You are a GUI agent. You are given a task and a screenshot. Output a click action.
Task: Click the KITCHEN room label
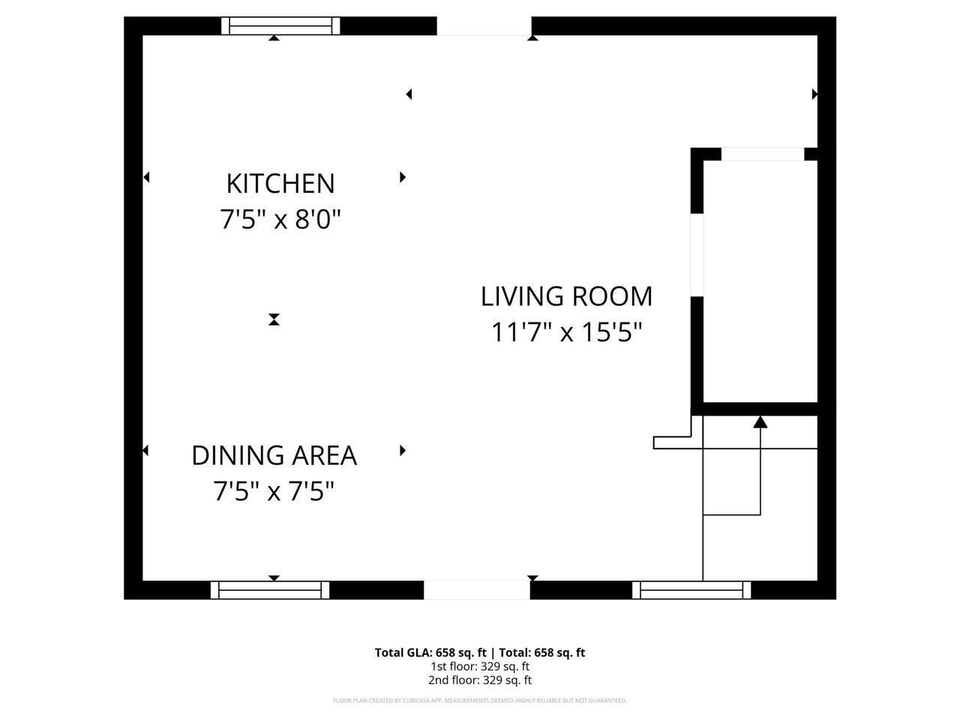tap(280, 184)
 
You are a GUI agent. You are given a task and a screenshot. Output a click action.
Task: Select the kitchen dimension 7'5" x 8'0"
tap(280, 220)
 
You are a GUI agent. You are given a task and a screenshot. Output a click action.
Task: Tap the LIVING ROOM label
tap(566, 296)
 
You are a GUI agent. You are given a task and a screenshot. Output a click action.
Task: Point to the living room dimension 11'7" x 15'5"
tap(566, 331)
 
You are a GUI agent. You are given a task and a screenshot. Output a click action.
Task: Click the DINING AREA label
tap(274, 455)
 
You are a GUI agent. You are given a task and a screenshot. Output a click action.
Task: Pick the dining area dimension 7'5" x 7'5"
tap(274, 492)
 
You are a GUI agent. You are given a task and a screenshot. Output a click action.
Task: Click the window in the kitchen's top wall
tap(280, 26)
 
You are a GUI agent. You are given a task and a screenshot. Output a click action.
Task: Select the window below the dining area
tap(270, 590)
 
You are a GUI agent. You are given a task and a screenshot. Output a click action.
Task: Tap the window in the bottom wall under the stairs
tap(691, 590)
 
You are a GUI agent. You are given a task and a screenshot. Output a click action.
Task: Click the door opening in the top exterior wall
tap(484, 26)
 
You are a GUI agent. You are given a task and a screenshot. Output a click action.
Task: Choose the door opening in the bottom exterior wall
tap(477, 590)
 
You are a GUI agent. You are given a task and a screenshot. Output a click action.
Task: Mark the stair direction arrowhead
tap(760, 422)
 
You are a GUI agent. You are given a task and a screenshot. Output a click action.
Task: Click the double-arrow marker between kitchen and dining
tap(274, 319)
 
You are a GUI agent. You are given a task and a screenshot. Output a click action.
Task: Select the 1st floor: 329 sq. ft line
tap(480, 666)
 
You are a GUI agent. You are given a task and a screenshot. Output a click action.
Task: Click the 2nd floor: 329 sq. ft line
tap(480, 680)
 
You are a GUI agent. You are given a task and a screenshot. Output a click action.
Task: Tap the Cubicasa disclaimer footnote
tap(480, 700)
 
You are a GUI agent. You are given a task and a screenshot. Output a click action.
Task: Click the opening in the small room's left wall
tap(697, 255)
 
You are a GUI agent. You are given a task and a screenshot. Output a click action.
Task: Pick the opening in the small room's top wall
tap(762, 154)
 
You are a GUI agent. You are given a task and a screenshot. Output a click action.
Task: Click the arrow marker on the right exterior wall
tap(814, 94)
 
